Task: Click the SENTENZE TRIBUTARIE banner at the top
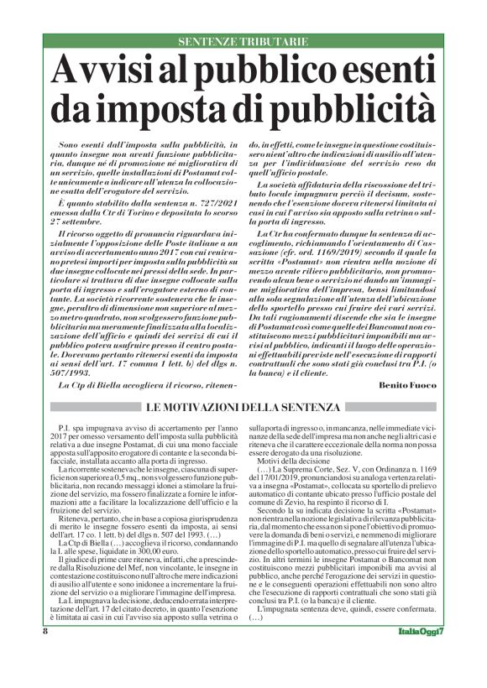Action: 243,41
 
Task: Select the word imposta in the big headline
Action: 212,109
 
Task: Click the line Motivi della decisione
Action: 292,461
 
